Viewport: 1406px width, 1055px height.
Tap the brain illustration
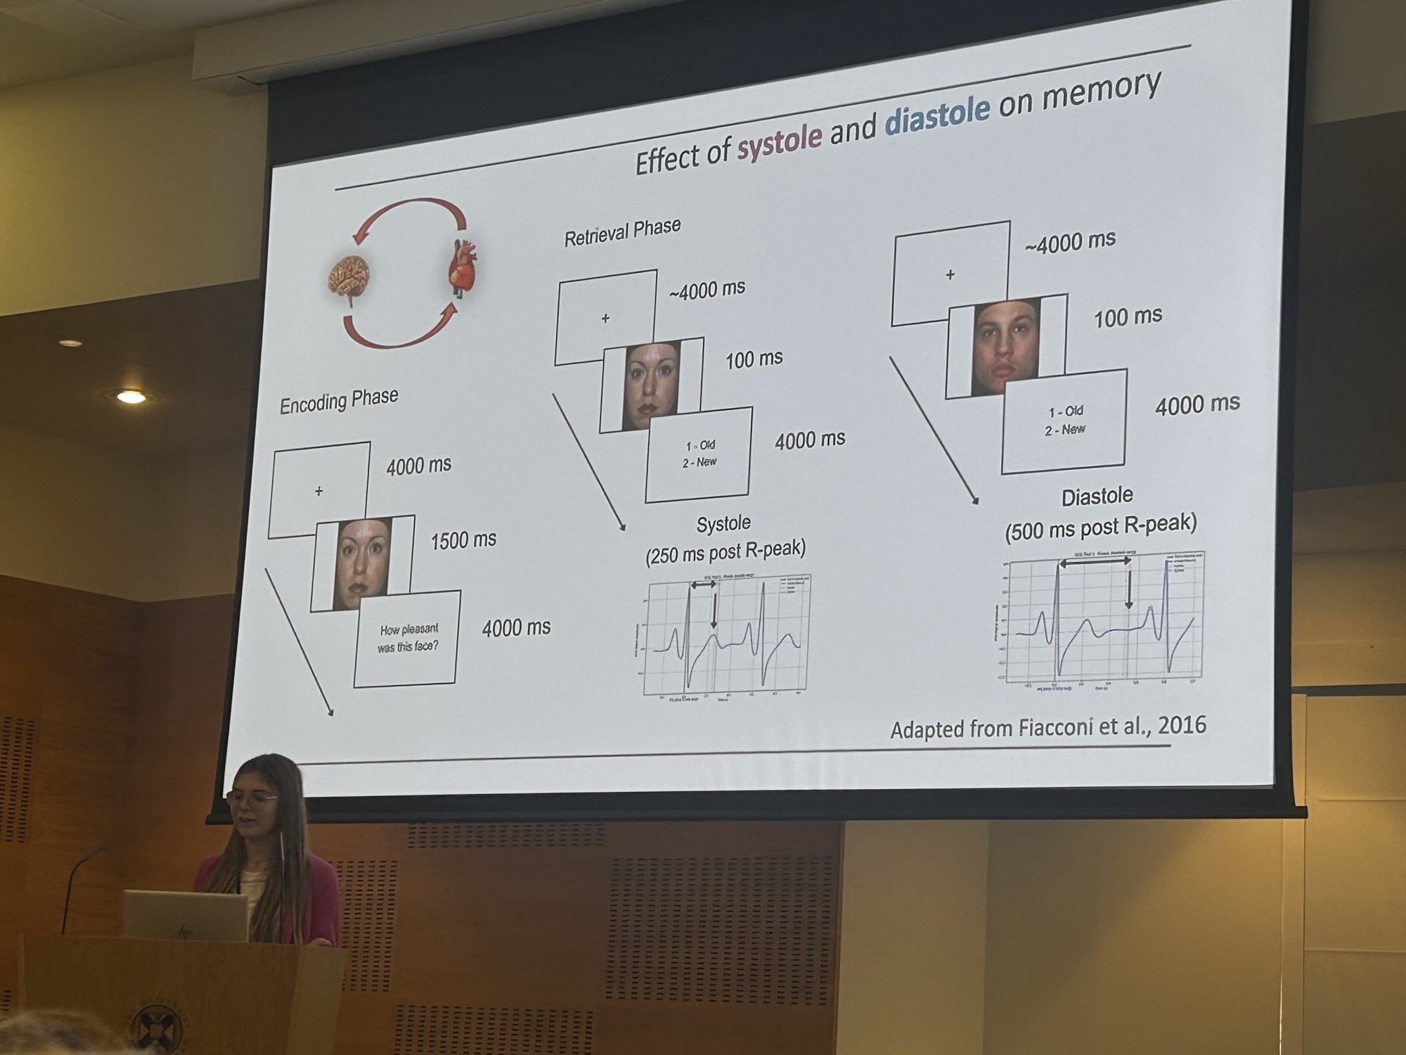349,278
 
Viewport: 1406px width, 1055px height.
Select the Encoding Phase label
339,402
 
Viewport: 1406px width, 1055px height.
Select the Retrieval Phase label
622,231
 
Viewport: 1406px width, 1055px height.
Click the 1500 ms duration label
463,540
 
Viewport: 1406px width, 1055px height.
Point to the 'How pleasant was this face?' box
408,638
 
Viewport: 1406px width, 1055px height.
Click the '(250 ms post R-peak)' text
725,552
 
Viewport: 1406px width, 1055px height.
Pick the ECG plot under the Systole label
724,637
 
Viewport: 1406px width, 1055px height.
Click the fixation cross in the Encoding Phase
319,491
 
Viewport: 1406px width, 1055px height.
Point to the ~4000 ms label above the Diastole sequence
1069,241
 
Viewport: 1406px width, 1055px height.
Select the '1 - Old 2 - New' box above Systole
699,454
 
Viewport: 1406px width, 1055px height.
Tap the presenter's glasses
253,797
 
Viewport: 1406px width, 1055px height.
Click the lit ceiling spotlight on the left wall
131,397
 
